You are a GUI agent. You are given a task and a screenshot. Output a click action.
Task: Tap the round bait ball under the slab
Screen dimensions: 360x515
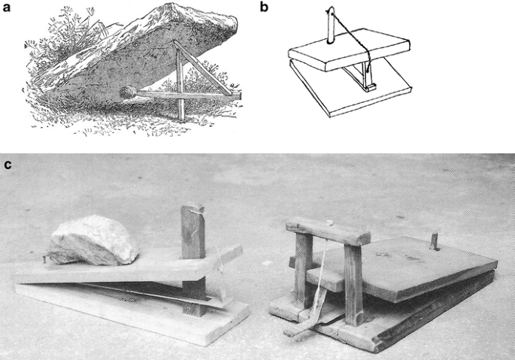127,92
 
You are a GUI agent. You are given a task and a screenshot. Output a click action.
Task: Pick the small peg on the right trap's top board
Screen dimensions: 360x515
433,242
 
